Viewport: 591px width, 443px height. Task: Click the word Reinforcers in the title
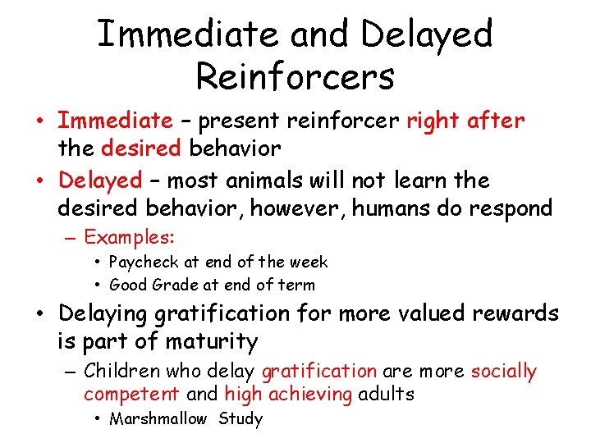click(x=295, y=76)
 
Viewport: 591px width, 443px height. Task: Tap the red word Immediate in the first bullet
click(x=115, y=121)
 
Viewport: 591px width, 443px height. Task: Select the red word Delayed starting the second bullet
click(x=101, y=180)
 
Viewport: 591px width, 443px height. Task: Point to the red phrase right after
click(x=465, y=121)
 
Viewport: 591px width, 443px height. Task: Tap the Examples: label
click(x=130, y=238)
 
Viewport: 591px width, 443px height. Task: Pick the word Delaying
click(x=115, y=314)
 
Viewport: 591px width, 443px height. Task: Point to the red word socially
click(x=503, y=372)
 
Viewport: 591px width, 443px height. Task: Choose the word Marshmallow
click(x=158, y=419)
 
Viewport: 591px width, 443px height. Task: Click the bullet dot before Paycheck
click(x=98, y=263)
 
